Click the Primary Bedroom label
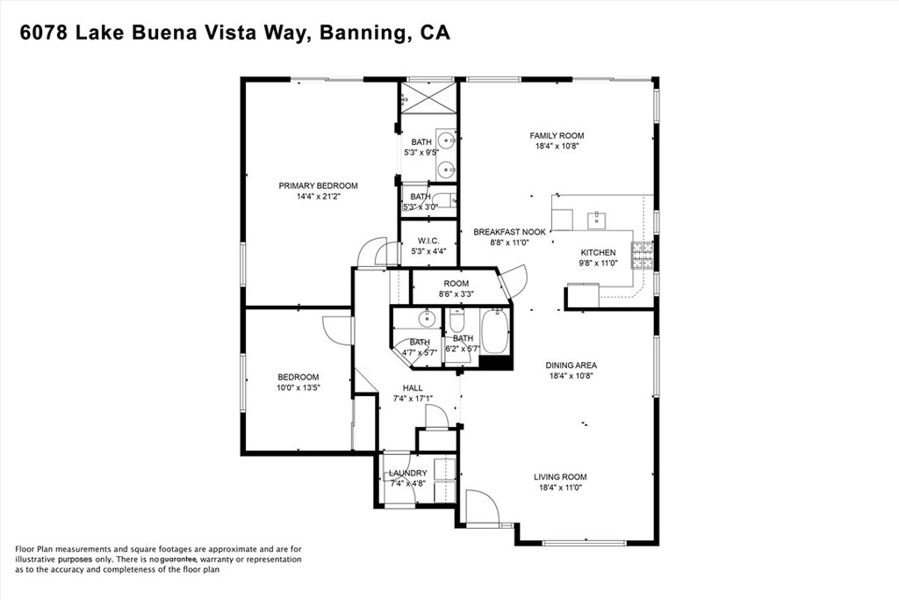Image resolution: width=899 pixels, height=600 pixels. click(318, 186)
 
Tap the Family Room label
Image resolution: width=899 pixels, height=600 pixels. click(557, 136)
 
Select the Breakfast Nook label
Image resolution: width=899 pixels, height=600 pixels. click(510, 232)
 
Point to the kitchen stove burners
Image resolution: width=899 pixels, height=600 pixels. click(642, 256)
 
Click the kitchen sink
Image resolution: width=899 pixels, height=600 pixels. click(597, 219)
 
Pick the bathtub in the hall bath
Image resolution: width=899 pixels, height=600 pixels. click(494, 332)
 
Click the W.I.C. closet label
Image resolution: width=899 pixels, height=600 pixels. click(428, 241)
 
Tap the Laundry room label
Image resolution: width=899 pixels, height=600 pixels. click(407, 473)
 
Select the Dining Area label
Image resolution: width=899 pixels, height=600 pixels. click(571, 365)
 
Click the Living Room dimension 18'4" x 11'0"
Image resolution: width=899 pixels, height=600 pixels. click(560, 488)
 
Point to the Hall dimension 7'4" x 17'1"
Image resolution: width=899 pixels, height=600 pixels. click(413, 399)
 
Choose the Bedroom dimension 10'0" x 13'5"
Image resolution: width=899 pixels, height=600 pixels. click(298, 387)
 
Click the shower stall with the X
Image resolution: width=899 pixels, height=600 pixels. click(428, 98)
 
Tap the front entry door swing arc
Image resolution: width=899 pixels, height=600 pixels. click(482, 506)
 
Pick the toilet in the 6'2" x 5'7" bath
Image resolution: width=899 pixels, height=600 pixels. click(457, 320)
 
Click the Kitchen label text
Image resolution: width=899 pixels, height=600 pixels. click(598, 252)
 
